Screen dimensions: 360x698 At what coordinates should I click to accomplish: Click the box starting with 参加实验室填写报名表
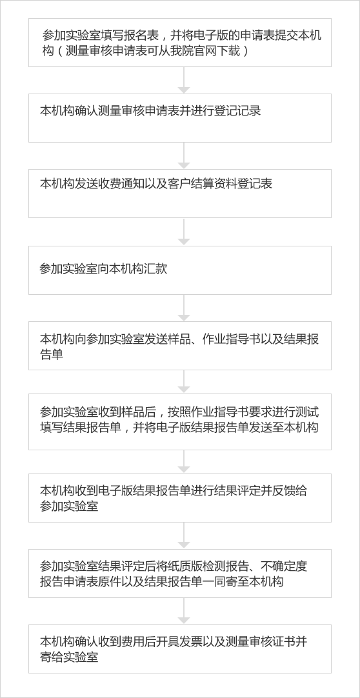[180, 43]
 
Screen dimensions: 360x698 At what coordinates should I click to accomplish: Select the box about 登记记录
[180, 118]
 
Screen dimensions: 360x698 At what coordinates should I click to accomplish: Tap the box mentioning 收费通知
[180, 193]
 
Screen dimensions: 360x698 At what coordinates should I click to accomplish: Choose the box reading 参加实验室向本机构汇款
[180, 270]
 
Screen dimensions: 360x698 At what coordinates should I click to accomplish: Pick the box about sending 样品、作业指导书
[180, 345]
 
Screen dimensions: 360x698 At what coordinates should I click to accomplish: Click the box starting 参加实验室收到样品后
[180, 421]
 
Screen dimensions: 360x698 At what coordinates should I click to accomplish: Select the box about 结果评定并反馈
[180, 497]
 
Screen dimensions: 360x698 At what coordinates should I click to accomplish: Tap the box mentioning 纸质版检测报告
[180, 573]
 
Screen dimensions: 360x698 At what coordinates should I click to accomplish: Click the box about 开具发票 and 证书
[180, 648]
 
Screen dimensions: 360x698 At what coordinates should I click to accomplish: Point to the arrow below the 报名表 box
[184, 80]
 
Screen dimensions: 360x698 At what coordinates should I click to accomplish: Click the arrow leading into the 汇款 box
[184, 232]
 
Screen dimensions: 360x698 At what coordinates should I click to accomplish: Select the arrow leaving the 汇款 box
[184, 308]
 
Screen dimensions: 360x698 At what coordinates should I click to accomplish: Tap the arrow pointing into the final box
[184, 611]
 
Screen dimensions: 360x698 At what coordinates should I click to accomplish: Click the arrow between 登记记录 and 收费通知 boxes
[184, 156]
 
